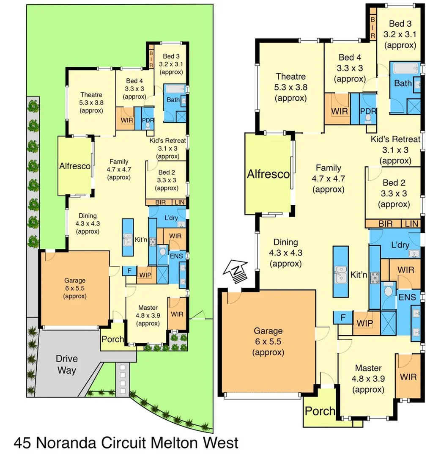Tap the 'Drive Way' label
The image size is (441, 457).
67,364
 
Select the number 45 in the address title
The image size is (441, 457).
23,443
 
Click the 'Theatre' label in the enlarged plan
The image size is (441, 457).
290,77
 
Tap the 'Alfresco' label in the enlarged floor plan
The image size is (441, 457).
268,174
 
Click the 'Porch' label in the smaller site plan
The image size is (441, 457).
112,339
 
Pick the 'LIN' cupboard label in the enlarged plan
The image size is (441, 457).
411,224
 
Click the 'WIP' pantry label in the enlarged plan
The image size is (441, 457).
364,323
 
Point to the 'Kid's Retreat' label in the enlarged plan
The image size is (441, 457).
395,139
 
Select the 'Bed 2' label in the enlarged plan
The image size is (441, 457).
394,183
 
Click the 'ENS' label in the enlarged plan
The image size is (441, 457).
408,297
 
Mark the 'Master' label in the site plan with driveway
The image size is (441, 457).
147,308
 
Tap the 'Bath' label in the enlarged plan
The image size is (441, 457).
403,83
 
